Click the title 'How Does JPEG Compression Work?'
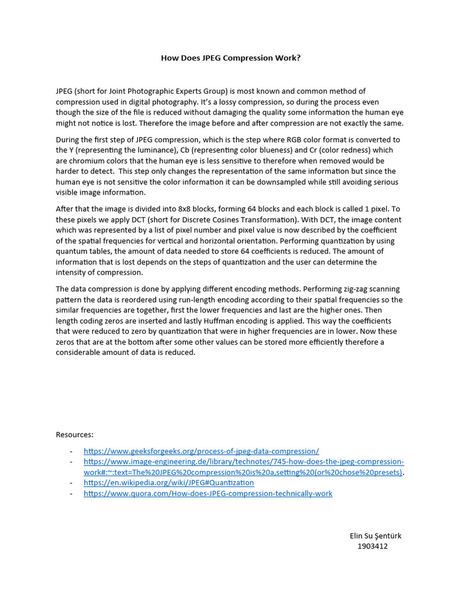(230, 58)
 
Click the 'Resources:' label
(75, 434)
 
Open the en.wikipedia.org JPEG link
(168, 483)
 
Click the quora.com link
(208, 494)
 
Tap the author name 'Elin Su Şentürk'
(375, 536)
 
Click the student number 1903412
(372, 547)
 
